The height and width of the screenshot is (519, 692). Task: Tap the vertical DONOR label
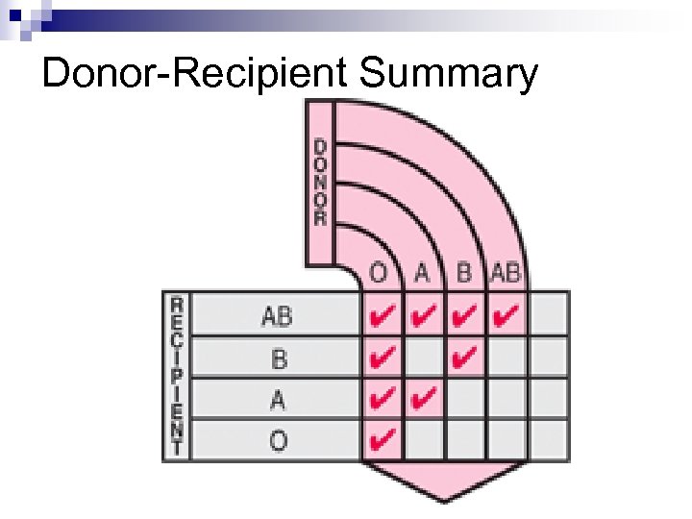click(x=320, y=183)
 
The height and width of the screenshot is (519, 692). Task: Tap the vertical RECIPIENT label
click(x=177, y=375)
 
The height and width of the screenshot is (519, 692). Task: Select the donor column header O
click(x=380, y=273)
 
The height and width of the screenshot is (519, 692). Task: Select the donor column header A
click(x=422, y=273)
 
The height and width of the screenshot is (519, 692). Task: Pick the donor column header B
click(x=463, y=273)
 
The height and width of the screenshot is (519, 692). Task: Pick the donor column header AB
click(x=506, y=273)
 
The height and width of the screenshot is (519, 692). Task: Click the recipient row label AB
click(x=277, y=314)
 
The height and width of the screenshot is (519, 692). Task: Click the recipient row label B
click(x=279, y=358)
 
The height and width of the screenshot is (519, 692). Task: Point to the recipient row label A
click(x=278, y=399)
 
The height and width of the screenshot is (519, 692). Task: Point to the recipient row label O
click(x=278, y=441)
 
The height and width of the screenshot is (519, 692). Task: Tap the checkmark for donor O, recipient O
click(x=382, y=441)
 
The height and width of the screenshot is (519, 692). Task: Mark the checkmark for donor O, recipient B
click(x=382, y=358)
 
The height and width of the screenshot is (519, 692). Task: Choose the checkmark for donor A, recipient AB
click(x=424, y=314)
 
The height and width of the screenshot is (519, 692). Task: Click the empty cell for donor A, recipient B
click(x=424, y=358)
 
